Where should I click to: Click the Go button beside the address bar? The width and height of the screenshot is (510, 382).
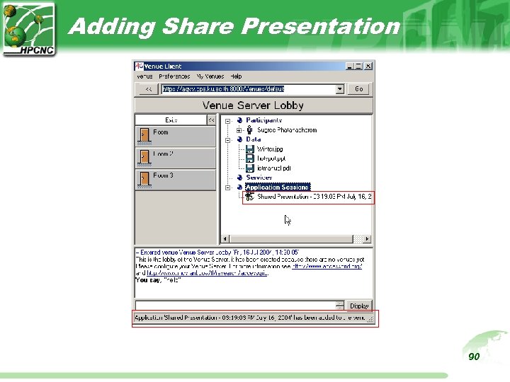[x=358, y=89]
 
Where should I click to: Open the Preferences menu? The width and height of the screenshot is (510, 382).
[x=174, y=76]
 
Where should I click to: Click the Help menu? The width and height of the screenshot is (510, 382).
[x=236, y=76]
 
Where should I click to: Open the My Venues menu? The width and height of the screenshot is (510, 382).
[x=210, y=76]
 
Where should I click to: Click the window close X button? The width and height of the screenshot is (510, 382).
[x=368, y=66]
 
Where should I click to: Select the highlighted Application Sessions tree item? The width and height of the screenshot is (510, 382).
[x=278, y=187]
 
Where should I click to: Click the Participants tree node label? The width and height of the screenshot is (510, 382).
[x=264, y=120]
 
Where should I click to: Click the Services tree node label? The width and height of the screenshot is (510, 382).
[x=259, y=178]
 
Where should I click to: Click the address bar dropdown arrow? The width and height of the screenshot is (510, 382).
[x=340, y=89]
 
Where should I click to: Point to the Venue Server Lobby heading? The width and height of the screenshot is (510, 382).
[x=253, y=105]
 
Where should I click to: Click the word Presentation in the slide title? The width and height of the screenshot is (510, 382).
[x=321, y=26]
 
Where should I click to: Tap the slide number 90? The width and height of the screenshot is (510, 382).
[x=474, y=357]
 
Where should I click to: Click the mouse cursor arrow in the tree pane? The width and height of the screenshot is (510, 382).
[x=288, y=220]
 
